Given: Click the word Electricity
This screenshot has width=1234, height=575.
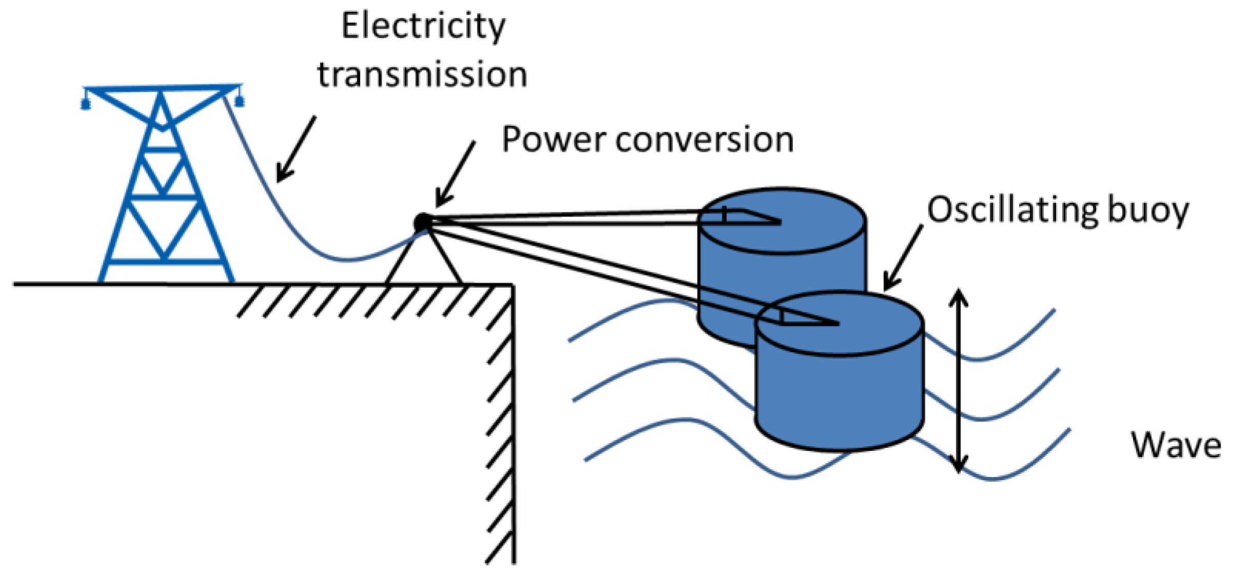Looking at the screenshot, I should [423, 27].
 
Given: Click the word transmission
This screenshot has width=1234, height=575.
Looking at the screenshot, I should [422, 75].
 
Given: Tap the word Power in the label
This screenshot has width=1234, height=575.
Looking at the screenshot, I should [552, 140].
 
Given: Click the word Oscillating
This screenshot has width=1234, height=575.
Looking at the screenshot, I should [1012, 210].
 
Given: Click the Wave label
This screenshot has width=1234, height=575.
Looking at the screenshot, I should [1176, 445].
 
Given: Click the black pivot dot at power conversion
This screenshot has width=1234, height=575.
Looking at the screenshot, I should [422, 222].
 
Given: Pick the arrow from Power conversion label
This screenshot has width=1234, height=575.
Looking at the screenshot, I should [455, 174].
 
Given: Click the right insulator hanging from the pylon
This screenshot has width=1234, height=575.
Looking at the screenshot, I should [239, 101].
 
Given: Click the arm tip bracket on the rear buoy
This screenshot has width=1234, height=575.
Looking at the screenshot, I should [744, 216].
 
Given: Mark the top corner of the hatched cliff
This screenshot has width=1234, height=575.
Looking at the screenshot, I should [512, 285].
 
